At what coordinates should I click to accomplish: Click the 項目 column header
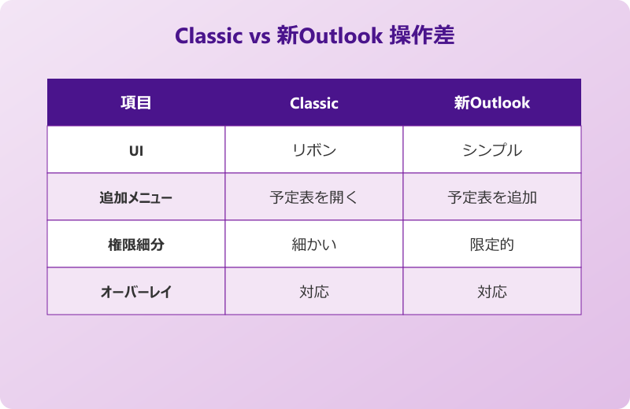coord(135,102)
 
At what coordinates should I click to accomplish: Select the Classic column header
coord(314,103)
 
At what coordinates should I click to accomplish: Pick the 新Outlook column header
coord(492,102)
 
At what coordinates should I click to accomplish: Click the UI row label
coord(135,150)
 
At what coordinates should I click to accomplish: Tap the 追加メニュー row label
coord(135,197)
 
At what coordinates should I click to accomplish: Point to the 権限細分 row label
coord(135,245)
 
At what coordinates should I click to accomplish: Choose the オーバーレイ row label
coord(135,292)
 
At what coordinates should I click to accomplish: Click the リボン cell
coord(314,150)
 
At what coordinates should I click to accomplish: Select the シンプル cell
coord(492,150)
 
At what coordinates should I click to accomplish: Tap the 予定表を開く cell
coord(314,197)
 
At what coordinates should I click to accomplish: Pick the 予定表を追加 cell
coord(492,197)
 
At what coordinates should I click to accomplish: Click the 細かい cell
coord(314,245)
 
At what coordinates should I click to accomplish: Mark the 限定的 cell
coord(492,245)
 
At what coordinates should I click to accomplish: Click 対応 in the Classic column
coord(314,292)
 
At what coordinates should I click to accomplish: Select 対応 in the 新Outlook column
coord(492,292)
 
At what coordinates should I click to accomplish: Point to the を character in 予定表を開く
coord(321,197)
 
